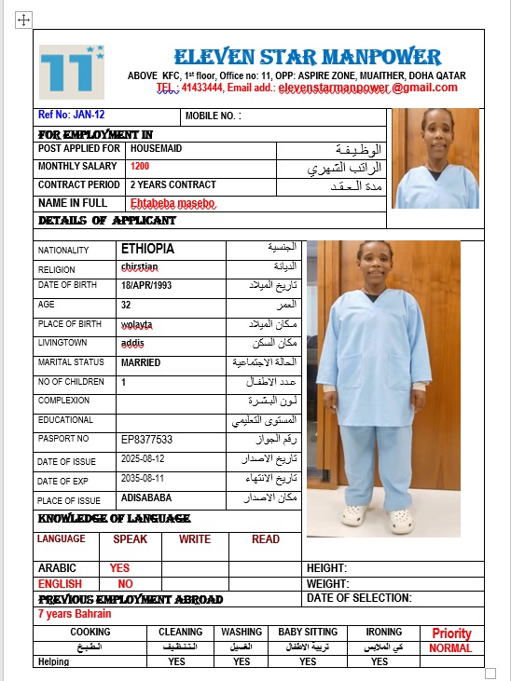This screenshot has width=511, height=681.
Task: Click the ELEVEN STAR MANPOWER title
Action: tap(308, 55)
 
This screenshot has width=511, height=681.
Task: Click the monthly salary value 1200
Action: tap(140, 166)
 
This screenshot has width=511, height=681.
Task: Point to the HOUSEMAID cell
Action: tap(157, 148)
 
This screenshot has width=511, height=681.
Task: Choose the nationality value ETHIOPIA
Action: tap(147, 250)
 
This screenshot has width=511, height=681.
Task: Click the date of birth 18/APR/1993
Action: tap(147, 285)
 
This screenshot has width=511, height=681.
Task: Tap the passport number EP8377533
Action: tap(147, 439)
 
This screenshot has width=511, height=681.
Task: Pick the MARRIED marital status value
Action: tap(141, 362)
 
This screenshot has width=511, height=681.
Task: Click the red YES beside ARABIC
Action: tap(119, 567)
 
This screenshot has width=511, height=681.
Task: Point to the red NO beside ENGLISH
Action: tap(125, 584)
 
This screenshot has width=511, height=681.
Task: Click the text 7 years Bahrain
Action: tap(75, 614)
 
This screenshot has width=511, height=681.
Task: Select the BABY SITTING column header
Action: tap(308, 632)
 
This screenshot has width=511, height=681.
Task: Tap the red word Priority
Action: tap(451, 633)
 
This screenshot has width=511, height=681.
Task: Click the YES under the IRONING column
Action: tap(380, 662)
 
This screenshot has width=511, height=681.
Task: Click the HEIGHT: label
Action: tap(327, 567)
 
